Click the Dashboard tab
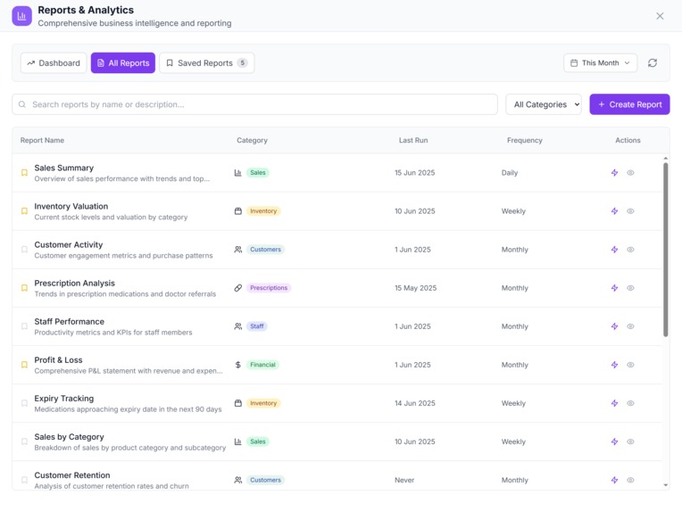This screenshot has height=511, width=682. click(54, 63)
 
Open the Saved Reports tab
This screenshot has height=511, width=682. click(206, 63)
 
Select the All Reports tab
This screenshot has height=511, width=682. click(123, 63)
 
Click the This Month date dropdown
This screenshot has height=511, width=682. click(600, 63)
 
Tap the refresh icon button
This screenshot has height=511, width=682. click(653, 63)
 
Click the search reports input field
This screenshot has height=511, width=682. click(254, 104)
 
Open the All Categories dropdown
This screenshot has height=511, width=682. click(543, 104)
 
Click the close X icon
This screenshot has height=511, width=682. click(660, 16)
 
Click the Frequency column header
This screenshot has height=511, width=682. click(524, 140)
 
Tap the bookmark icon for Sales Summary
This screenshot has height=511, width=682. click(25, 173)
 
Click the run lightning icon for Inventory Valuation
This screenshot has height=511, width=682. click(614, 211)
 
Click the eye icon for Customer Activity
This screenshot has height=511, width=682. click(630, 250)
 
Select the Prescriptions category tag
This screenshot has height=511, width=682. click(269, 288)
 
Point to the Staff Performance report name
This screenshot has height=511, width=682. click(70, 321)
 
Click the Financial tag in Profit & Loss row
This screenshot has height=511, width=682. click(262, 365)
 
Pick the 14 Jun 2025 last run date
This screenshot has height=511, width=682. click(415, 403)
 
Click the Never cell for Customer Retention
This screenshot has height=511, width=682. click(404, 480)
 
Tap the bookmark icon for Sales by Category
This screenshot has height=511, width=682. click(25, 441)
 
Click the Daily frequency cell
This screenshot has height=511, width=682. click(510, 173)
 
